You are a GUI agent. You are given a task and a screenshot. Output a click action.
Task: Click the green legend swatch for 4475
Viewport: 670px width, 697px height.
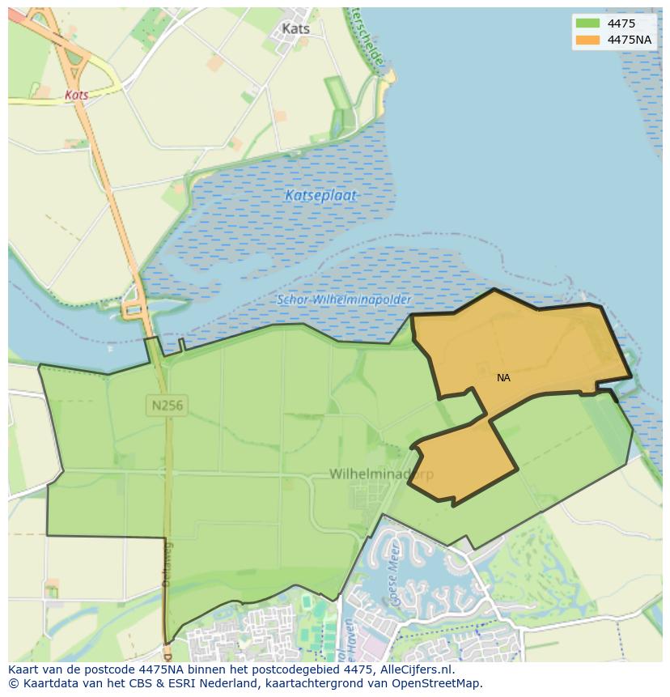588,23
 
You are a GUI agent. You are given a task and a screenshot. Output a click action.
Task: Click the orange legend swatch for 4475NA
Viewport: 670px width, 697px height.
588,40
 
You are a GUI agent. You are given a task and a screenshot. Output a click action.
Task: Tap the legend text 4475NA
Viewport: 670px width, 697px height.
630,40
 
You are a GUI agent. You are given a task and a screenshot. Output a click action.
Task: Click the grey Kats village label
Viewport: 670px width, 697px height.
295,28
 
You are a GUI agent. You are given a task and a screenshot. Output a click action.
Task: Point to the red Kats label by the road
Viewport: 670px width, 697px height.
77,95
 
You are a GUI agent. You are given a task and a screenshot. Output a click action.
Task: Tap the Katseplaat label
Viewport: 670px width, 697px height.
320,195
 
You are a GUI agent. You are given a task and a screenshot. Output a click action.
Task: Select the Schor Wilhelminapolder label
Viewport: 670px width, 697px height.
343,300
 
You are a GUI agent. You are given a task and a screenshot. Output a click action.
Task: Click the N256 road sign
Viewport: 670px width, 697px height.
167,406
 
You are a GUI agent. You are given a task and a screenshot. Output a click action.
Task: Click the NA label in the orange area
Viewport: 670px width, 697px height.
503,378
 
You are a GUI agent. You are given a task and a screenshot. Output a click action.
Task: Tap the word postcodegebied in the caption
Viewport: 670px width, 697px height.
286,670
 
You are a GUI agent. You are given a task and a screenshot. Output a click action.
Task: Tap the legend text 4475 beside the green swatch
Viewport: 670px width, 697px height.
621,23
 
